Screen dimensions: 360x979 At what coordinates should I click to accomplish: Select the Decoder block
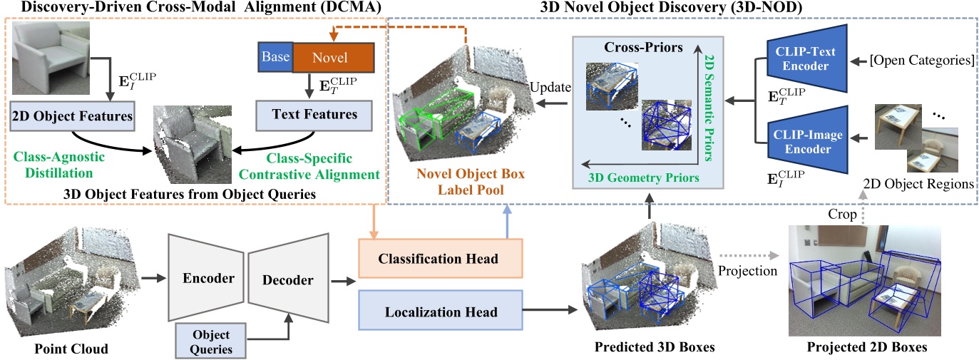[x=289, y=279]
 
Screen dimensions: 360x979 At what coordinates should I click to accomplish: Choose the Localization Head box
[x=439, y=312]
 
